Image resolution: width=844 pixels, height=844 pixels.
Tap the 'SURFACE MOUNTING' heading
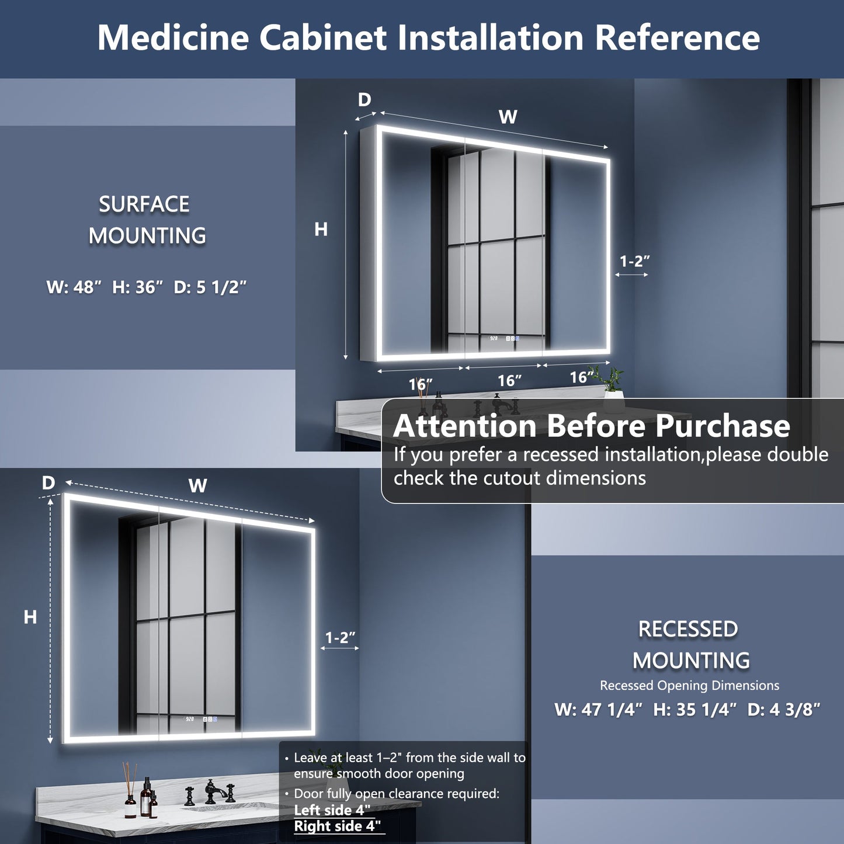[x=146, y=220]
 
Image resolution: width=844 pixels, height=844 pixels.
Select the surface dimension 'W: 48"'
[x=74, y=287]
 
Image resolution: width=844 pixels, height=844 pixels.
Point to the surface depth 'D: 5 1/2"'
[x=210, y=287]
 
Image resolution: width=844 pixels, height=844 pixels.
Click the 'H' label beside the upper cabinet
[x=321, y=230]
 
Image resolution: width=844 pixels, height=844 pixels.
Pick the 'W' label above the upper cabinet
[x=508, y=117]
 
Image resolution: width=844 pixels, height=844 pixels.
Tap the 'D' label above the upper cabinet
[x=364, y=100]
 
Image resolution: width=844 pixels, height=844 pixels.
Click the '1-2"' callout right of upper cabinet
[x=634, y=262]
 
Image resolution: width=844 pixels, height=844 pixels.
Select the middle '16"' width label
[x=509, y=381]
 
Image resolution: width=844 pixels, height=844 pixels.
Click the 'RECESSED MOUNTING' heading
[x=690, y=645]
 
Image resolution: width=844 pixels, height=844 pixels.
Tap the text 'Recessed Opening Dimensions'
[x=689, y=686]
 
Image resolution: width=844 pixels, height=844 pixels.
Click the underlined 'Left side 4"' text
[x=332, y=810]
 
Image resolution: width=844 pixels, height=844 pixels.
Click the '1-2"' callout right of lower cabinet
[x=341, y=638]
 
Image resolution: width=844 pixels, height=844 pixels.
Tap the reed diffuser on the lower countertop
[x=130, y=791]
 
